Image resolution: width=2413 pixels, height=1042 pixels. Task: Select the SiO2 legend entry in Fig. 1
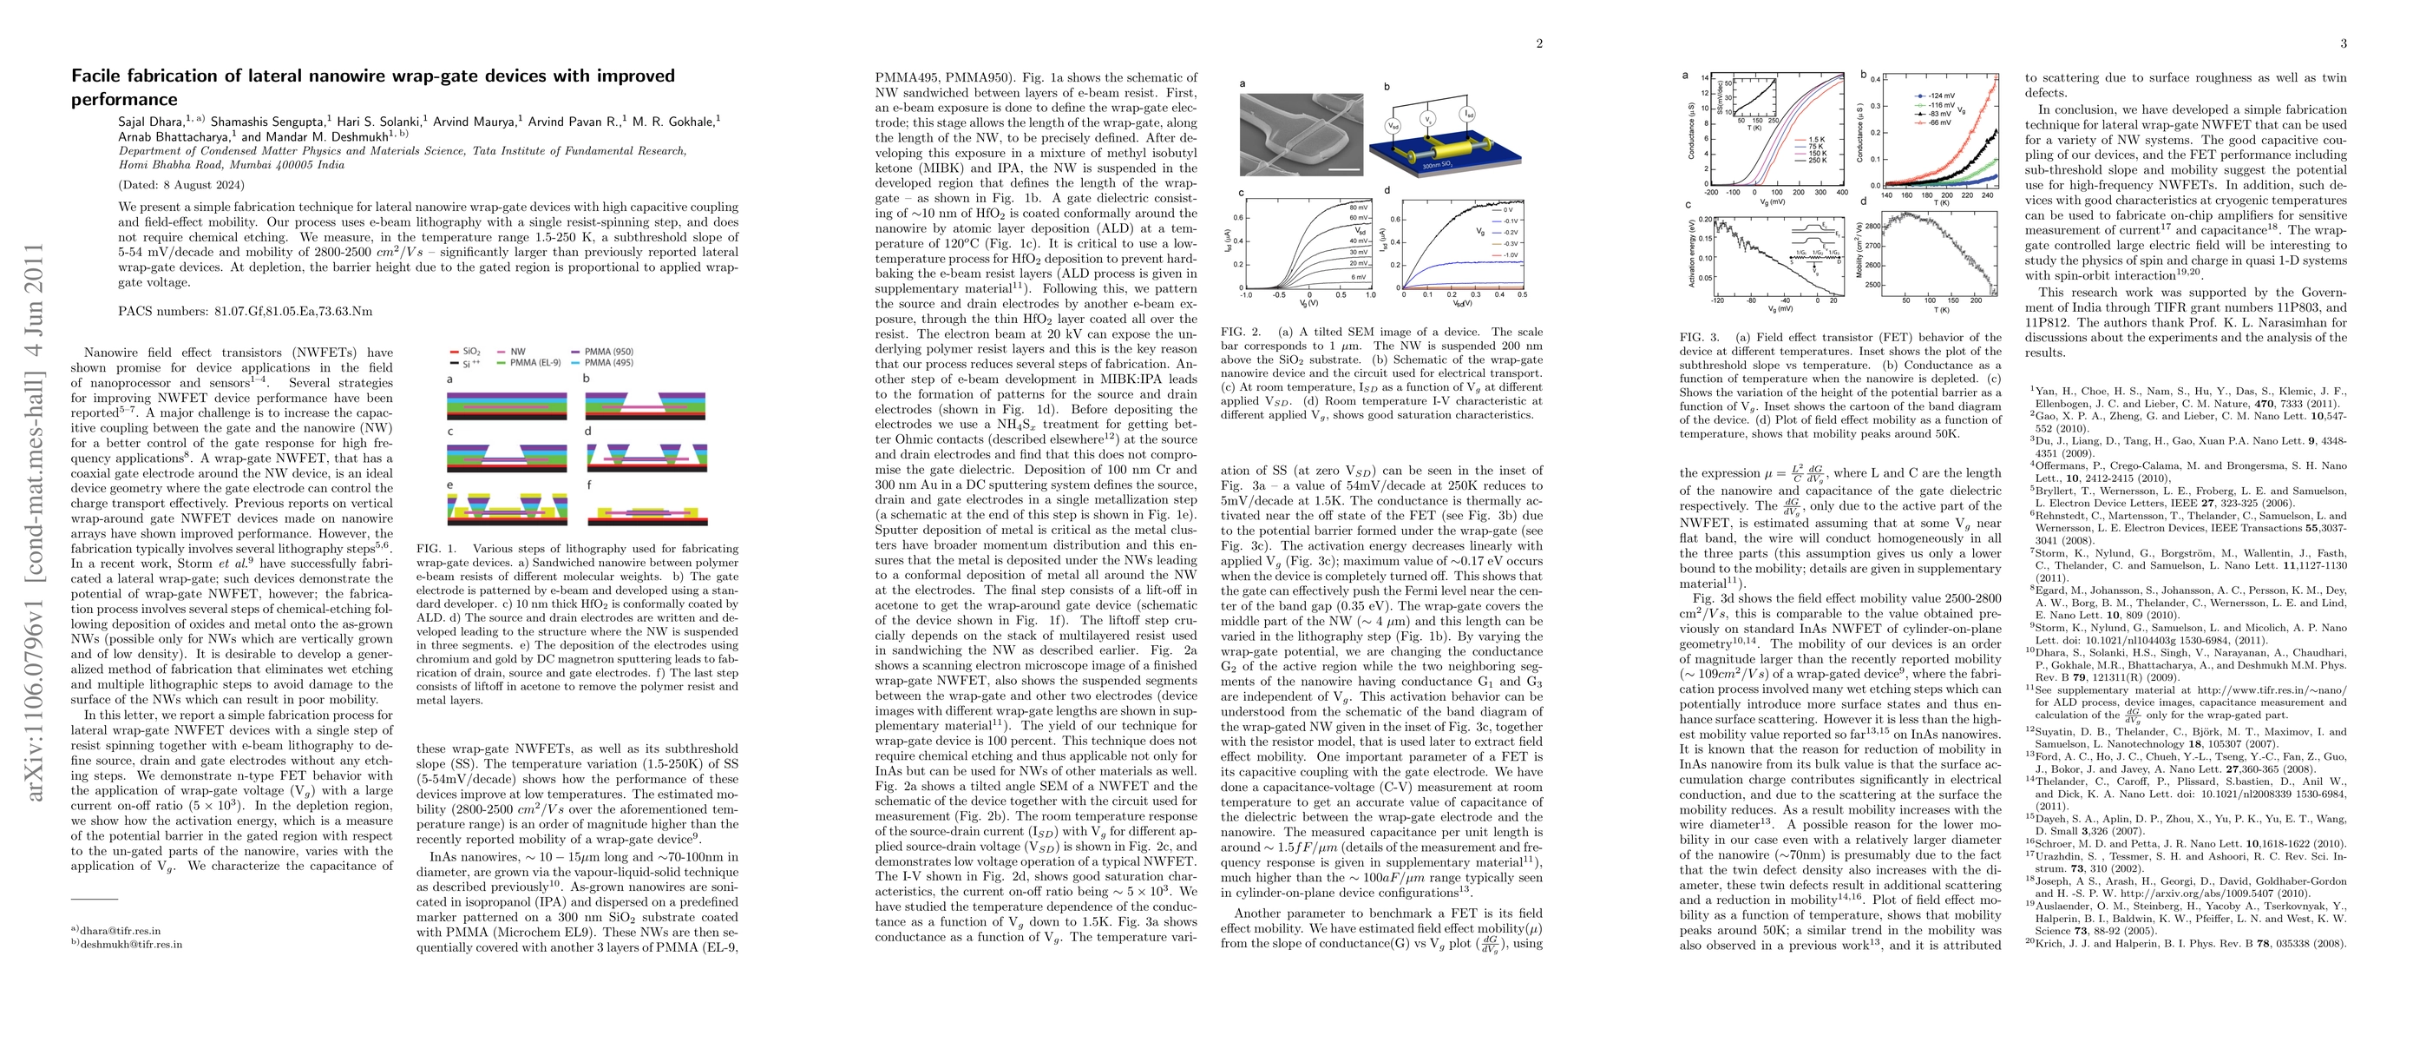[x=471, y=353]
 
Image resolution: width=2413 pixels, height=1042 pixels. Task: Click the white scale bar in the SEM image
[x=1343, y=169]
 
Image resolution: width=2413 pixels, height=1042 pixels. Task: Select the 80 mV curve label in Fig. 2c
[x=1357, y=206]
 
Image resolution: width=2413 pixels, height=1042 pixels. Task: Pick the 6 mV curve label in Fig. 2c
[x=1358, y=276]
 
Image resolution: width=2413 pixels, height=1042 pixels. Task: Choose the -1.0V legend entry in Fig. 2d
[x=1510, y=255]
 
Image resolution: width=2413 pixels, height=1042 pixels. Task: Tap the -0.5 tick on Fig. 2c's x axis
[x=1279, y=295]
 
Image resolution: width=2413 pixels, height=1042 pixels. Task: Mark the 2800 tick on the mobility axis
[x=1872, y=227]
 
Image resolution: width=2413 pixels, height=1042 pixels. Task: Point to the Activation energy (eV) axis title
[x=1692, y=250]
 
